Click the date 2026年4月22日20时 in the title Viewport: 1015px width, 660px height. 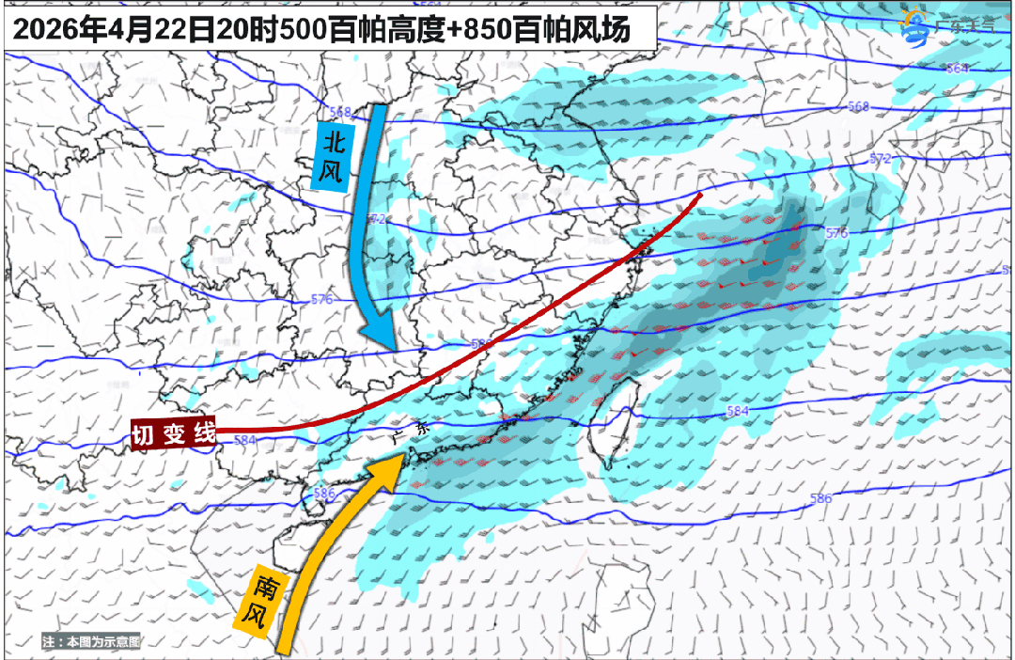point(122,29)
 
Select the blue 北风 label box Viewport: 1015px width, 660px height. point(332,156)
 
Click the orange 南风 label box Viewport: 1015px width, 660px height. point(258,601)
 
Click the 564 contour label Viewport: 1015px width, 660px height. point(957,69)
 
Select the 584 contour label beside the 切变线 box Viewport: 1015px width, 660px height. point(245,439)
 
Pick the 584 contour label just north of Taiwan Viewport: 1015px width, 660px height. point(739,411)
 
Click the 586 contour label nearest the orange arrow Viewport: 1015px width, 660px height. point(324,493)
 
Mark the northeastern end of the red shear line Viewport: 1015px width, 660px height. point(700,196)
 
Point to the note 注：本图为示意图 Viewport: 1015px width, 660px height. point(90,641)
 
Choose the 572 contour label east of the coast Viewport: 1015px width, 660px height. point(880,159)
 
